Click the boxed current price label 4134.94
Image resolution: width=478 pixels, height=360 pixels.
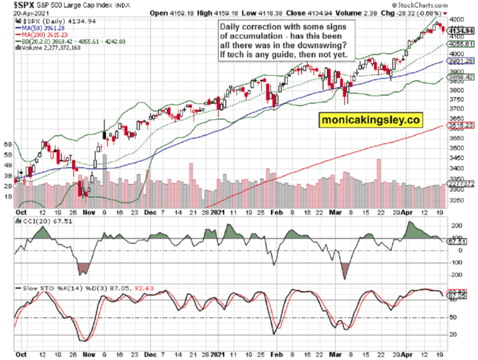coord(458,30)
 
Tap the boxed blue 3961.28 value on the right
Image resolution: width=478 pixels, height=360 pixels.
coord(458,61)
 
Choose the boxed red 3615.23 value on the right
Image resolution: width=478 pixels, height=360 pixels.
coord(458,125)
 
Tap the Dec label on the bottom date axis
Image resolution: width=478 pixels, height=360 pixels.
coord(151,211)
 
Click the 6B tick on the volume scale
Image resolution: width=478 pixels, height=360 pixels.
coord(9,143)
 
